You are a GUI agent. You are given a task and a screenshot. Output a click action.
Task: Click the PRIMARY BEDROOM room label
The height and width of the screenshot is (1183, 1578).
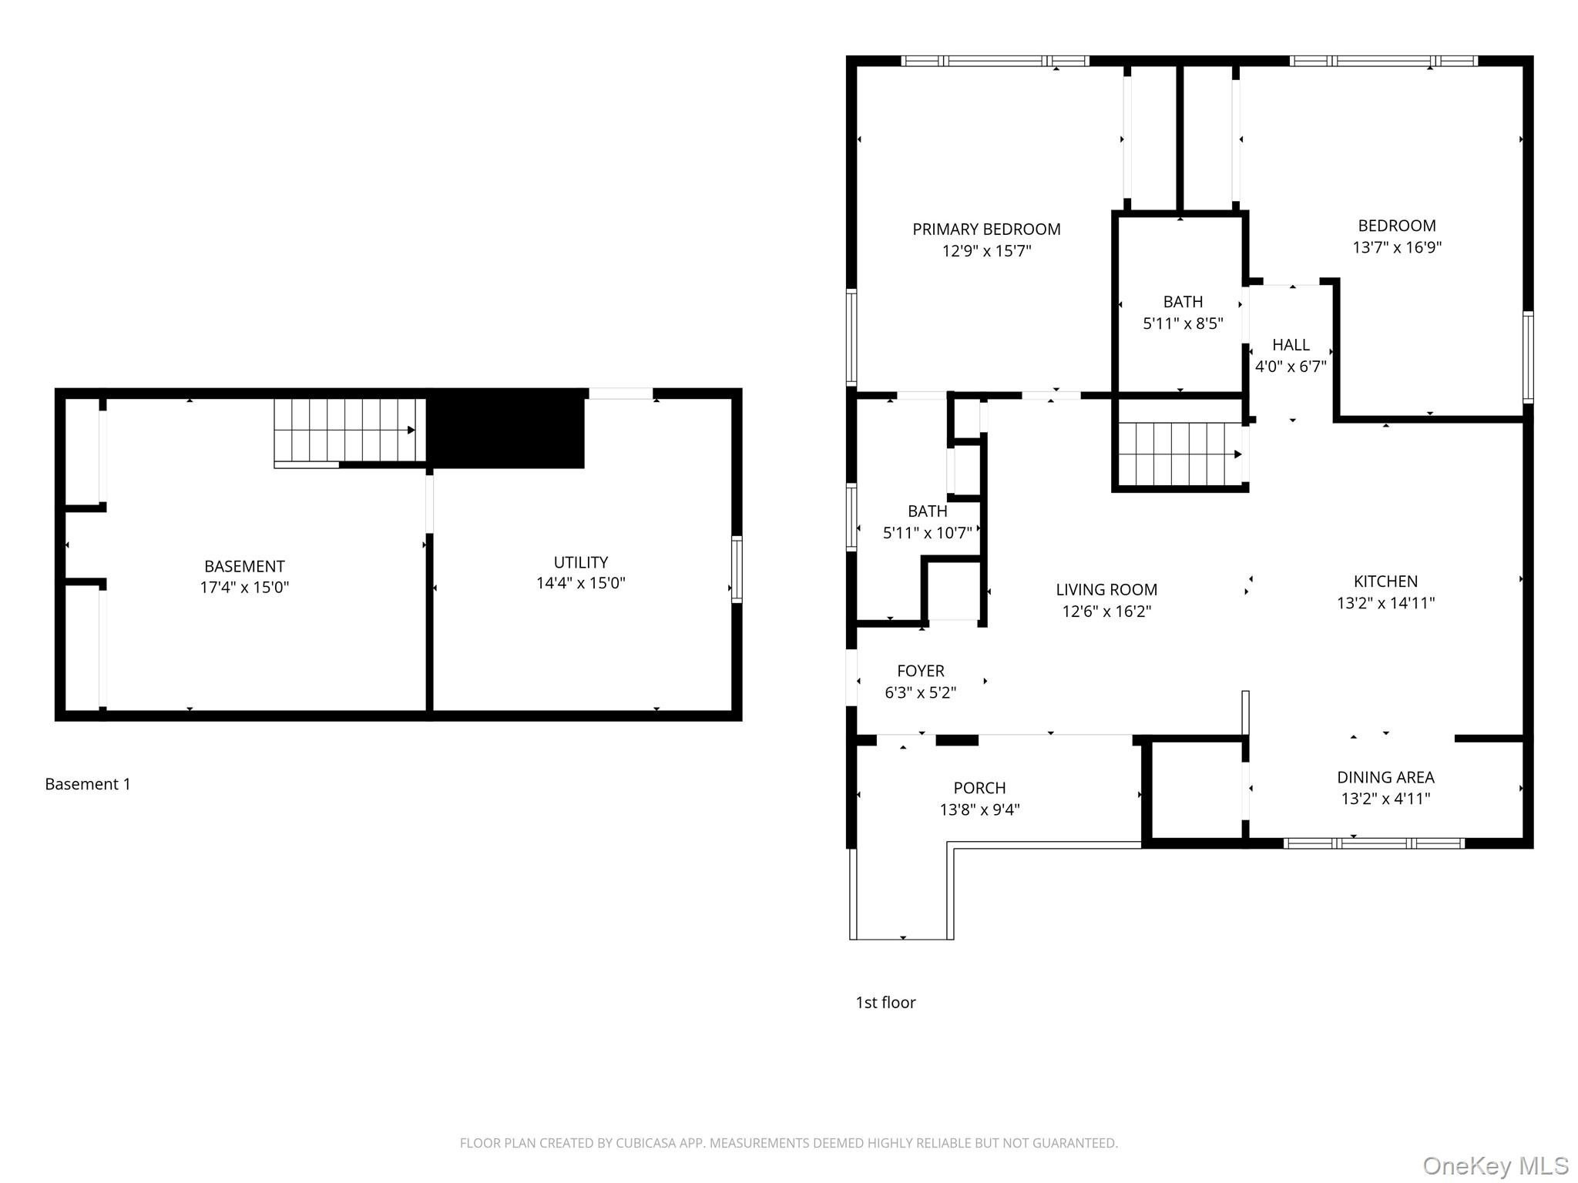coord(986,229)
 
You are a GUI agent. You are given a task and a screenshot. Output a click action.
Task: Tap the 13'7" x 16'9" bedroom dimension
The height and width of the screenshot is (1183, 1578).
coord(1397,247)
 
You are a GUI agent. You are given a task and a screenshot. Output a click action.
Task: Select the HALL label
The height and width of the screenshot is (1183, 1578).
coord(1291,344)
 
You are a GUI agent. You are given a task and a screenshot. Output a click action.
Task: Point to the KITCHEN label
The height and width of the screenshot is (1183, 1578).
coord(1385,581)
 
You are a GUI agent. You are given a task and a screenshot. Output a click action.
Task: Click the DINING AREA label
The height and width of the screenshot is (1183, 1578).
coord(1385,777)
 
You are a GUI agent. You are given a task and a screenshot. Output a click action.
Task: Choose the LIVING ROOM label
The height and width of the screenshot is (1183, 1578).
coord(1106,589)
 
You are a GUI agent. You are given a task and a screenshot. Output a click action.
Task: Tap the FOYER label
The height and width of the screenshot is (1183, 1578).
coord(920,671)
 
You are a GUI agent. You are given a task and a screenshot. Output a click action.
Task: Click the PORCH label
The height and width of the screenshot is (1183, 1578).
coord(979,788)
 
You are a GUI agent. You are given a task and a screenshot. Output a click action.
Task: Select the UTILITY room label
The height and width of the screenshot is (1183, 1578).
coord(581,562)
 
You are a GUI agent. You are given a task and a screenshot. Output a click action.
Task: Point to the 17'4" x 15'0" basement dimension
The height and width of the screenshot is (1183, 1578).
coord(244,587)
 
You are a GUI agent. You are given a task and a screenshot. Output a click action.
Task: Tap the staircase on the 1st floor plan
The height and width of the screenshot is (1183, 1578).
coord(1180,454)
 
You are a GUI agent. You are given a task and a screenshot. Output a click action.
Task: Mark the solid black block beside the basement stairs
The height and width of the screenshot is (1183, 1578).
coord(505,428)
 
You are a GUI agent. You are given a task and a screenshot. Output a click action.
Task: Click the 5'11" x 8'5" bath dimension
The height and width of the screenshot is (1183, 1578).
coord(1183,323)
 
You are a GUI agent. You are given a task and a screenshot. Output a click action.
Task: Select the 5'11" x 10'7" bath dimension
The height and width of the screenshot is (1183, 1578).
coord(927,532)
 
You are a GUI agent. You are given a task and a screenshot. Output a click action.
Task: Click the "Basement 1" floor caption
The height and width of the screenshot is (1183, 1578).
coord(88,784)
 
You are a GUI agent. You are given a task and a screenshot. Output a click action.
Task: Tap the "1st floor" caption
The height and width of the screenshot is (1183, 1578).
coord(885,1002)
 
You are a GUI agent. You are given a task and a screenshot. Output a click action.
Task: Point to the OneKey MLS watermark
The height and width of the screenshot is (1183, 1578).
coord(1496,1166)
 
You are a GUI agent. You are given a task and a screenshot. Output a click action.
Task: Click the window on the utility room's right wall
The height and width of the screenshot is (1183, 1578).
coord(737,569)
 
